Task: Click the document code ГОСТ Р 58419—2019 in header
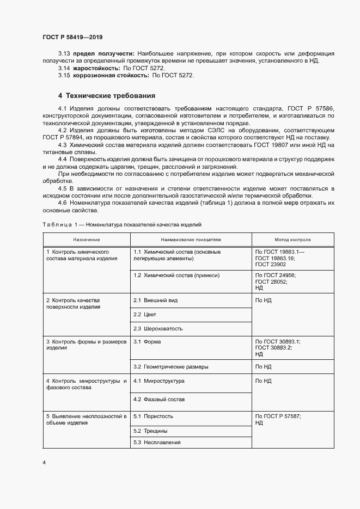point(72,37)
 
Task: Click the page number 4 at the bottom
point(44,462)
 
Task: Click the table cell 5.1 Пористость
point(154,416)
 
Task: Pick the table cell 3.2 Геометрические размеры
point(170,366)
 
